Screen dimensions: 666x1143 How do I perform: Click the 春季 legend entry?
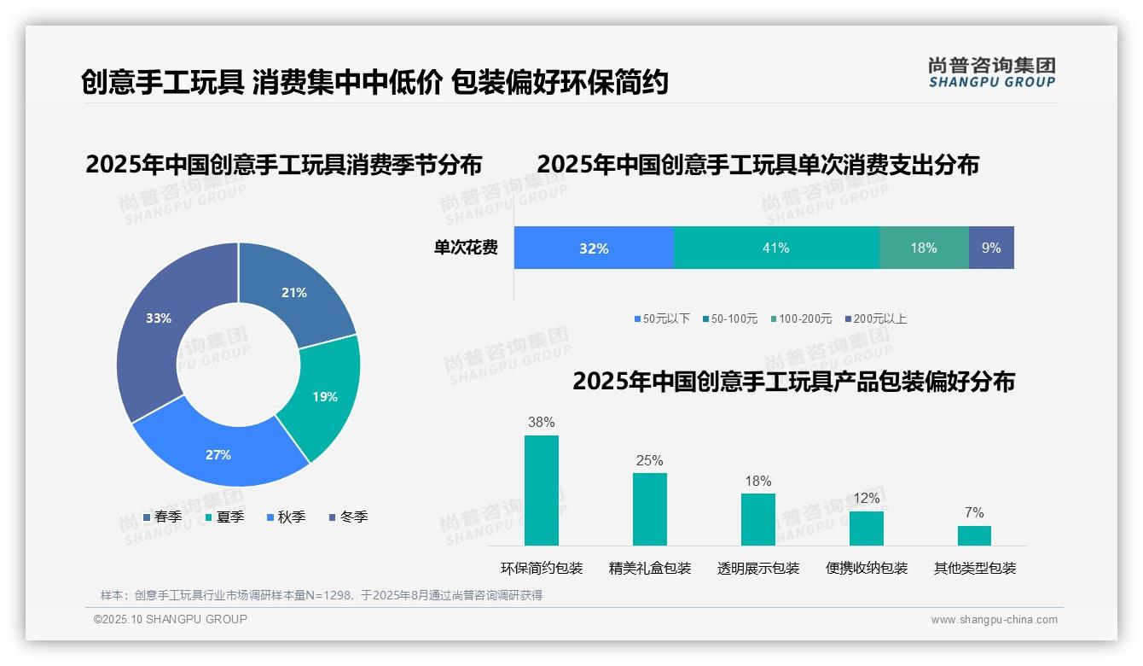162,517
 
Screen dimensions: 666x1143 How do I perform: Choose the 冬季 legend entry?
348,517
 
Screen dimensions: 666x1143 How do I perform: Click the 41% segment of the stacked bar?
775,248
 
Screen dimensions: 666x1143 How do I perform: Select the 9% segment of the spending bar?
991,248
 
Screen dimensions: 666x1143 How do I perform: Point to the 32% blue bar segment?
594,248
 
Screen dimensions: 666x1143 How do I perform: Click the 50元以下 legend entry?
662,318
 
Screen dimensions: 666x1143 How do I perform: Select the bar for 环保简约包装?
542,490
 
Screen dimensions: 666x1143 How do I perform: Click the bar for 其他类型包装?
974,535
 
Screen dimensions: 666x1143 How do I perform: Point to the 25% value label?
649,460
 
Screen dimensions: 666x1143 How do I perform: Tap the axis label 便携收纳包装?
867,568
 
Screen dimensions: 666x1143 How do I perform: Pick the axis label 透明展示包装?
758,568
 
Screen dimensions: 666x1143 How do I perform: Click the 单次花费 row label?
466,248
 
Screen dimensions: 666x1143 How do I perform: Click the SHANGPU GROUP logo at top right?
991,73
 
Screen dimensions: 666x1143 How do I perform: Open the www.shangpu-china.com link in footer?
994,619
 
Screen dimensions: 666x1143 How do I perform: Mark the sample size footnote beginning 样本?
322,595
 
